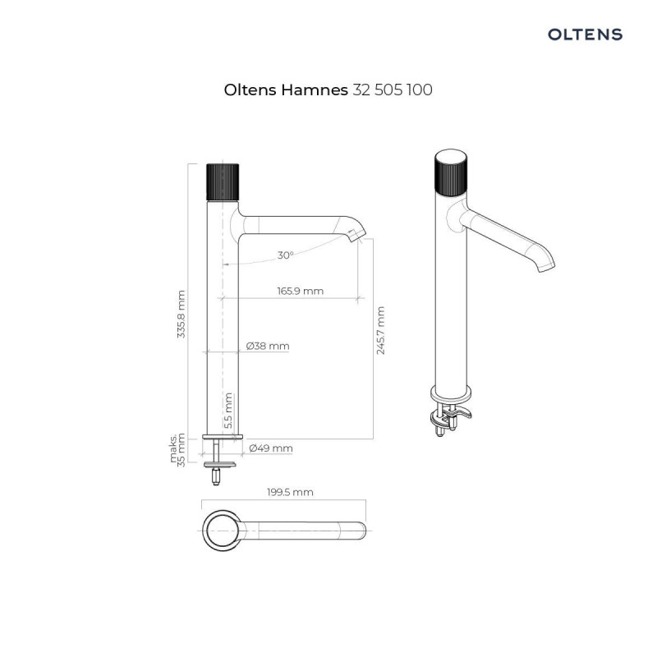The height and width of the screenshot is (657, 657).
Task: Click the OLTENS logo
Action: [x=585, y=34]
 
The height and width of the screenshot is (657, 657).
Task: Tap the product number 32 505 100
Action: [x=393, y=90]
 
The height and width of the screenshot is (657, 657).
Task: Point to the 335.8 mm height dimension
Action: [x=182, y=314]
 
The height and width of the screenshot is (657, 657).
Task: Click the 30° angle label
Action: [x=284, y=255]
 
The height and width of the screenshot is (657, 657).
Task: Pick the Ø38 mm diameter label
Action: [x=269, y=347]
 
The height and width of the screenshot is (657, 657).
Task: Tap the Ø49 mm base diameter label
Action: [x=271, y=448]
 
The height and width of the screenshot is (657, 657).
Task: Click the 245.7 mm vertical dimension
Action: [x=380, y=330]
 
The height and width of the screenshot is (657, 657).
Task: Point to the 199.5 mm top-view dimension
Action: [x=290, y=492]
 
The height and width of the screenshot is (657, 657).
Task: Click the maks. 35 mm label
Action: [x=178, y=448]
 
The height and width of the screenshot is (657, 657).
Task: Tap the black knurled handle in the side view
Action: [x=222, y=181]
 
